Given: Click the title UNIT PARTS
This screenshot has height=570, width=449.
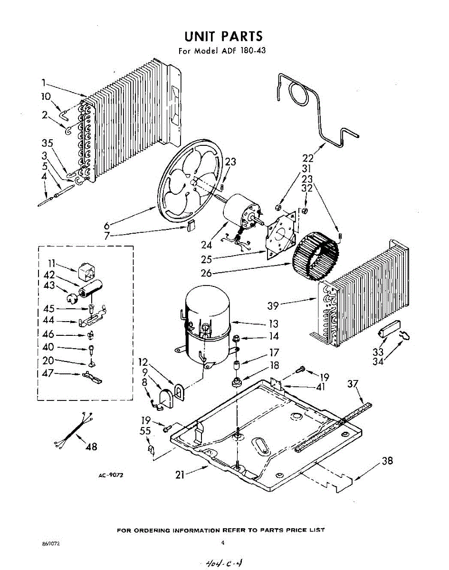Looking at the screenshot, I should (223, 37).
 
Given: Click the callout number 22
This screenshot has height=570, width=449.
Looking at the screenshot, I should (308, 159).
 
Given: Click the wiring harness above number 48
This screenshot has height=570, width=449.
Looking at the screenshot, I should (74, 430).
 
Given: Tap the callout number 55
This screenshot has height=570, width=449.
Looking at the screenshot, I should (145, 431).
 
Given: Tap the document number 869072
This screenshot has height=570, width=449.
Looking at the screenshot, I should (51, 543).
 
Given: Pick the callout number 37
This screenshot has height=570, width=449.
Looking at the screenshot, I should (352, 384).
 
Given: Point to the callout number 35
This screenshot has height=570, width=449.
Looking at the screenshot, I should (47, 143).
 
